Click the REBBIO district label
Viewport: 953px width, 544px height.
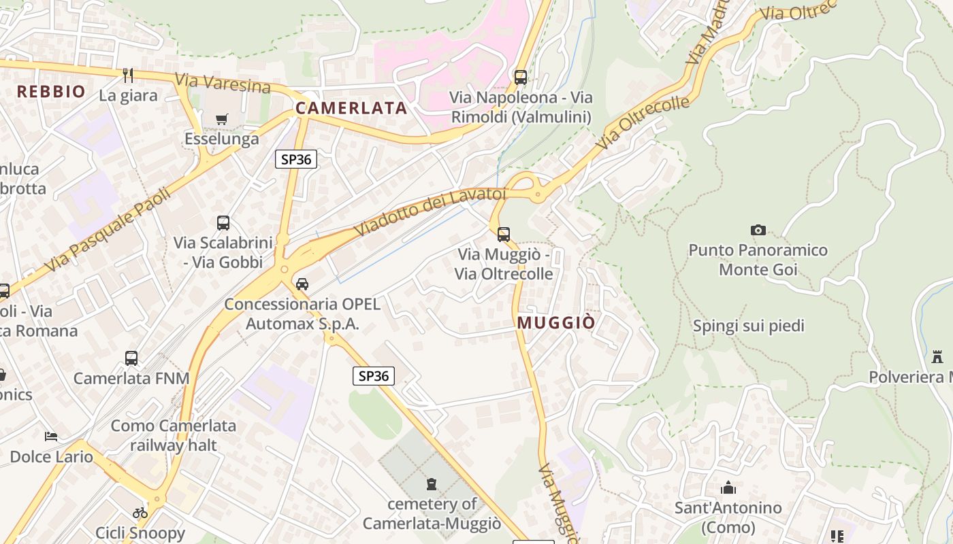pyautogui.click(x=51, y=92)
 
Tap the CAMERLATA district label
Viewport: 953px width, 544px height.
pyautogui.click(x=351, y=108)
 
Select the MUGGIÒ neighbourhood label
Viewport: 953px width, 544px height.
pyautogui.click(x=556, y=323)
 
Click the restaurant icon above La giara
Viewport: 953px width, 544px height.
pyautogui.click(x=128, y=75)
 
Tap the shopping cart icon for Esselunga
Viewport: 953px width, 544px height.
pyautogui.click(x=221, y=120)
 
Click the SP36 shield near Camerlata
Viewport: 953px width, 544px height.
pyautogui.click(x=296, y=159)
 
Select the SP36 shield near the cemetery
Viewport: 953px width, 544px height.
pyautogui.click(x=374, y=376)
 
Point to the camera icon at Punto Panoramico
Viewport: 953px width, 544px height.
pyautogui.click(x=758, y=231)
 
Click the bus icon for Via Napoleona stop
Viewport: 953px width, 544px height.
pyautogui.click(x=521, y=78)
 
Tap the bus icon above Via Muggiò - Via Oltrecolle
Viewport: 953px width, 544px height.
pyautogui.click(x=504, y=235)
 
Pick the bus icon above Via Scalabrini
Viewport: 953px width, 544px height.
pyautogui.click(x=223, y=222)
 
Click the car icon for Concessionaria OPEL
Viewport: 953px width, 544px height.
pyautogui.click(x=302, y=284)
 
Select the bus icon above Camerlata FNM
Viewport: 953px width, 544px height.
pyautogui.click(x=131, y=358)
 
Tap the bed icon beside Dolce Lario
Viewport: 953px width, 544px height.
pyautogui.click(x=51, y=436)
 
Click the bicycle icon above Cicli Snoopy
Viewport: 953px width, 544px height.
pyautogui.click(x=140, y=513)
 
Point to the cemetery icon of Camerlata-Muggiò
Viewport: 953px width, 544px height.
pyautogui.click(x=431, y=484)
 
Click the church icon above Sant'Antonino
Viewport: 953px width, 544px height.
pyautogui.click(x=728, y=488)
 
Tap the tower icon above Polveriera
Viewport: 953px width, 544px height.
pyautogui.click(x=937, y=356)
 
